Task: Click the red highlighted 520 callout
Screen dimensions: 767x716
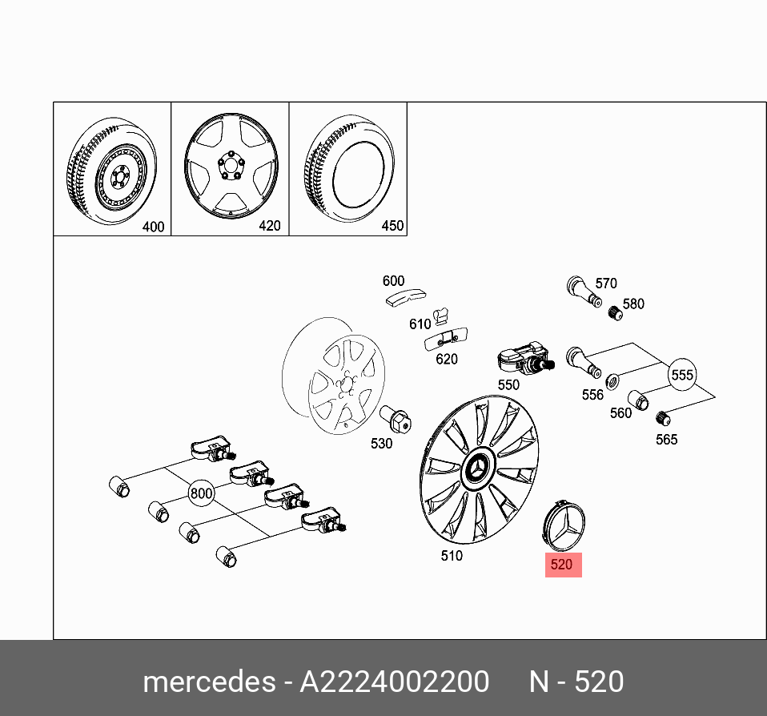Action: coord(562,565)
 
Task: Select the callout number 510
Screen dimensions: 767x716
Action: coord(452,555)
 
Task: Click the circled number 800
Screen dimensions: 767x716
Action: coord(201,493)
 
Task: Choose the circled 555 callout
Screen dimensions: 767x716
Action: coord(682,375)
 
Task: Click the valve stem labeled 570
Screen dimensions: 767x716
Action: coord(581,290)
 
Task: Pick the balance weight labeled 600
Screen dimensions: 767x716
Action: coord(404,298)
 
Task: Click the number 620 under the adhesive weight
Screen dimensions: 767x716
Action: coord(446,360)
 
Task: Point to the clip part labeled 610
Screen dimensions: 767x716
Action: coord(442,316)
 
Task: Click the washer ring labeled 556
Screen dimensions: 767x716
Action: coord(614,380)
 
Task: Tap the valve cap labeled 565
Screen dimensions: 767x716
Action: coord(662,417)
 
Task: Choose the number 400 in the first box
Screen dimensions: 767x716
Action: coord(153,227)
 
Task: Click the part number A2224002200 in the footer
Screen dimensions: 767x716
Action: coord(394,682)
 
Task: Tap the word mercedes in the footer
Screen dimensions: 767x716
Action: coord(207,682)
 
